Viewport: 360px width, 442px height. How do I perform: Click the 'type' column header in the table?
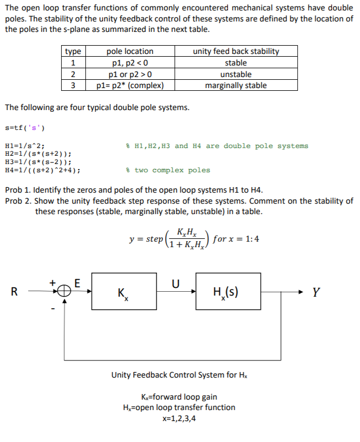[x=73, y=51]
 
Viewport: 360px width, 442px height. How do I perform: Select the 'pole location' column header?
[x=130, y=51]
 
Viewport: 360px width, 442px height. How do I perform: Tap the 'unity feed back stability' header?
[x=236, y=51]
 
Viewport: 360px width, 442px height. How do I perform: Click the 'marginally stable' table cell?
[x=236, y=85]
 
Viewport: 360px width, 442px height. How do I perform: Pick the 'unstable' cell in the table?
[x=236, y=74]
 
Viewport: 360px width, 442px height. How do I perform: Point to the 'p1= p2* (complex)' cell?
[x=130, y=85]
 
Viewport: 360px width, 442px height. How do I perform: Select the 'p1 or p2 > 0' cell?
[x=130, y=74]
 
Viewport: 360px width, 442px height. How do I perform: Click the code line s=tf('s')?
[x=25, y=128]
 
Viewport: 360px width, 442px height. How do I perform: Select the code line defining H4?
[x=42, y=171]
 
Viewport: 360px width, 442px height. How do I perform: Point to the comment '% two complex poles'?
[x=168, y=171]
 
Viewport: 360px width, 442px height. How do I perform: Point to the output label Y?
[x=315, y=293]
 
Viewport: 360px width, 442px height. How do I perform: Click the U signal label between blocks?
[x=176, y=284]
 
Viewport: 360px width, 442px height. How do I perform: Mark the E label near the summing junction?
[x=77, y=283]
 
